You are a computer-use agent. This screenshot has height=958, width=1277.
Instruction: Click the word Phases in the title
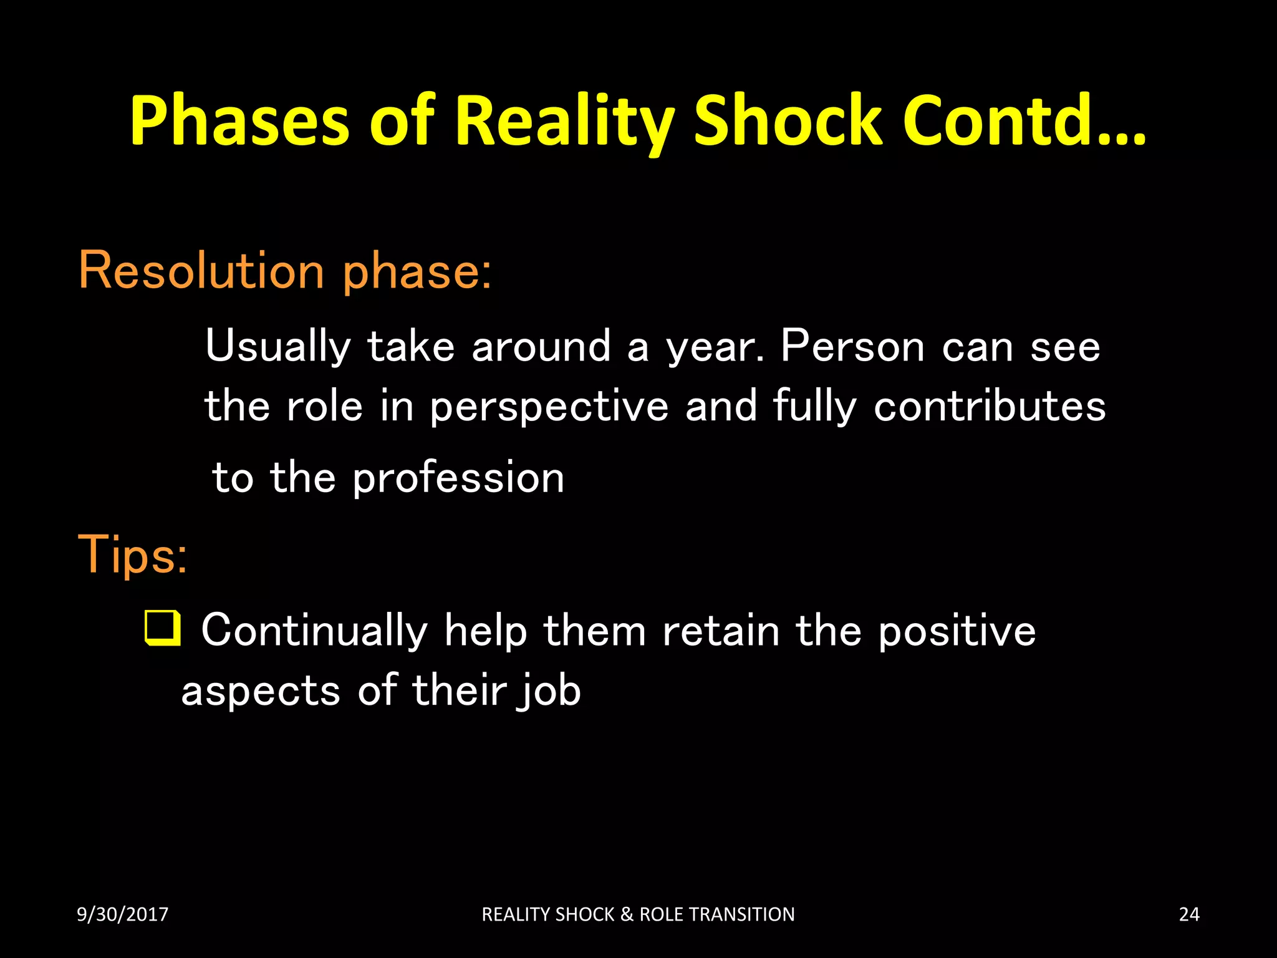click(239, 122)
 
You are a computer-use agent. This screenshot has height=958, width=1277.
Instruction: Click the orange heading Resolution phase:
click(285, 271)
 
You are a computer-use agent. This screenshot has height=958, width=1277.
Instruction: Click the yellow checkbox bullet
click(163, 628)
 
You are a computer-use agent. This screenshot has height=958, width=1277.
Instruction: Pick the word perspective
click(549, 407)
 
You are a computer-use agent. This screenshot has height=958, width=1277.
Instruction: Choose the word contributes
click(990, 407)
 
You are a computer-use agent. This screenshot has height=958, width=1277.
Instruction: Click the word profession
click(458, 478)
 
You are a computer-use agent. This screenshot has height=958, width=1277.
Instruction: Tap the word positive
click(957, 632)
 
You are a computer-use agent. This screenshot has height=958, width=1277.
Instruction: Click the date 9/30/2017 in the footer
click(122, 914)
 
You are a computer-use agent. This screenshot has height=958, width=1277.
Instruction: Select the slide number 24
click(1189, 914)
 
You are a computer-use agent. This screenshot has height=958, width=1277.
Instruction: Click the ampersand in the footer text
click(627, 914)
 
